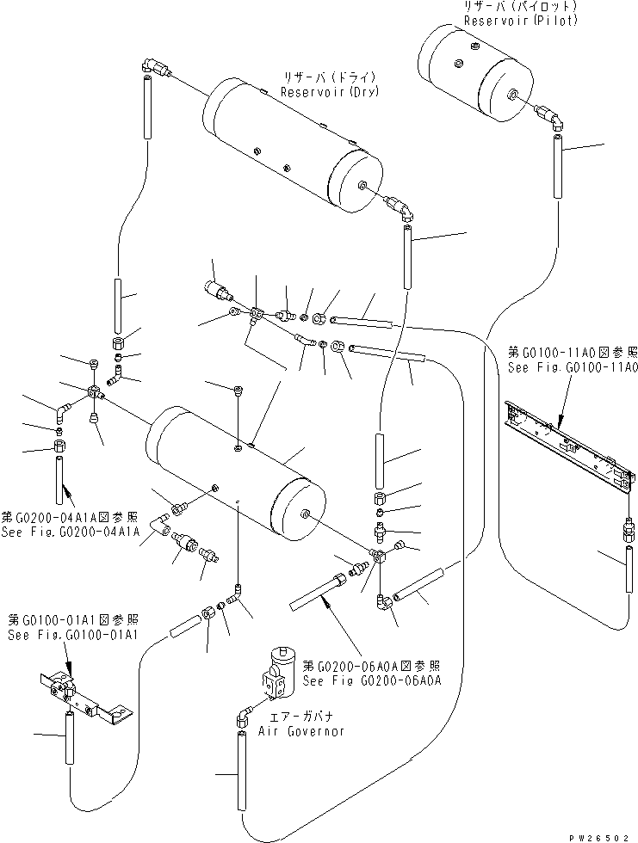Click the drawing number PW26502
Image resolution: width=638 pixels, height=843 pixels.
pyautogui.click(x=599, y=835)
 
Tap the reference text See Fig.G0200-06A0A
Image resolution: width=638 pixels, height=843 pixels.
pyautogui.click(x=373, y=680)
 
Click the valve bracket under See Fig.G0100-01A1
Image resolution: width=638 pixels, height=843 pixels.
pyautogui.click(x=86, y=692)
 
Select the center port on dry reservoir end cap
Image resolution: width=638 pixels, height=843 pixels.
pyautogui.click(x=361, y=184)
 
